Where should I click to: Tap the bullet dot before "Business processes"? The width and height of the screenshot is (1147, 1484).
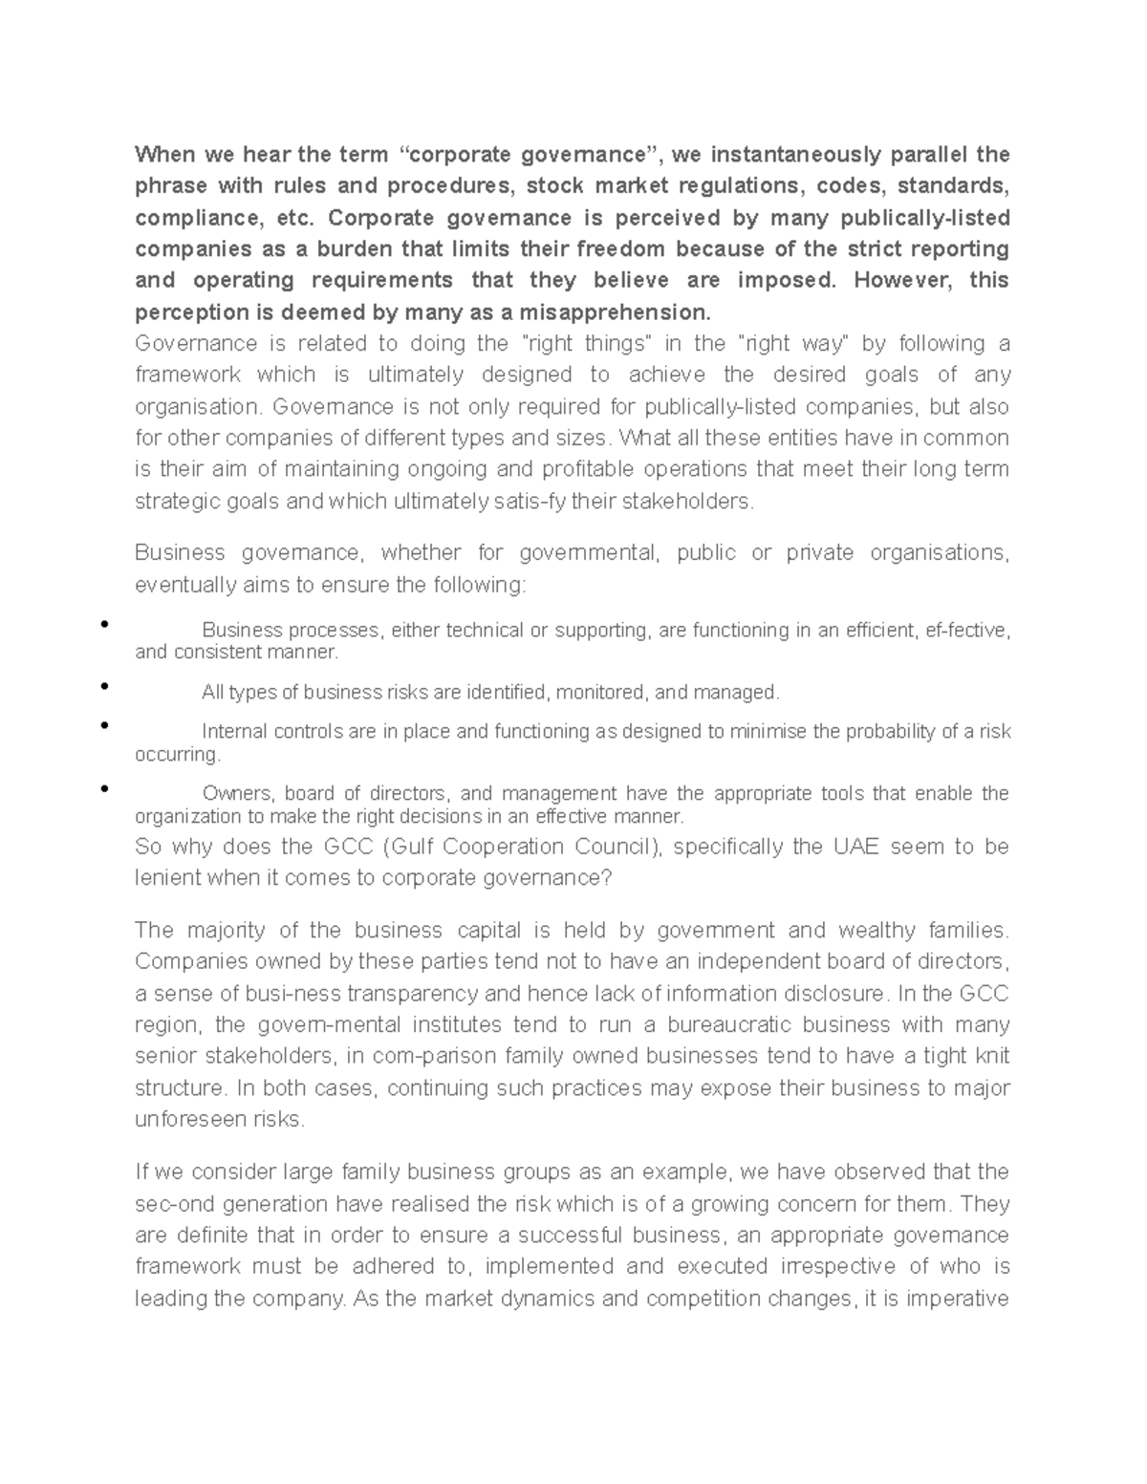[x=102, y=625]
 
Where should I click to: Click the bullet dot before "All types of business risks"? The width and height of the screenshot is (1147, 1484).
[x=102, y=686]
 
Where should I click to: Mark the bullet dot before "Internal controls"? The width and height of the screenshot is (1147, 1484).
[x=102, y=726]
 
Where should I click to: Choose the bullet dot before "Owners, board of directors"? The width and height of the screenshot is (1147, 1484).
[x=102, y=788]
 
